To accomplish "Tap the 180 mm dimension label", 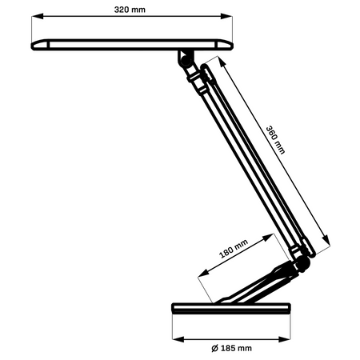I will coord(235,251).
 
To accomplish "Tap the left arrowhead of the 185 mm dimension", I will coord(175,337).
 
